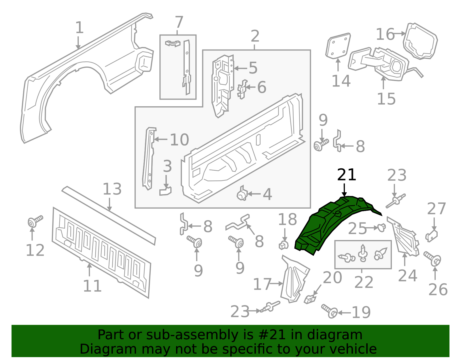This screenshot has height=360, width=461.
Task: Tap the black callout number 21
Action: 347,175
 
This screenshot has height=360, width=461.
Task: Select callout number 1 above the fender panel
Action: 79,28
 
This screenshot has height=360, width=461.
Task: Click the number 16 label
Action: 385,34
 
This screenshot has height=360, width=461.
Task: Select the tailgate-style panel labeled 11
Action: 101,251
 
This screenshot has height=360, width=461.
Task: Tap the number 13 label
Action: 112,189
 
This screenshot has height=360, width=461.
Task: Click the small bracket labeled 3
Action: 165,191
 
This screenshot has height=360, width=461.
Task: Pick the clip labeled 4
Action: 242,195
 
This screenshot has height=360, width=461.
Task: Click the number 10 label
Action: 179,140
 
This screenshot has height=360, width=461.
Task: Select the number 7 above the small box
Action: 179,22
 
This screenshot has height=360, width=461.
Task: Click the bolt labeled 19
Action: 330,311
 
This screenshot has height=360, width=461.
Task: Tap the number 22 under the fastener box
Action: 364,282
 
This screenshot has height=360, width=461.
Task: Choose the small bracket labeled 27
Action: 432,236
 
